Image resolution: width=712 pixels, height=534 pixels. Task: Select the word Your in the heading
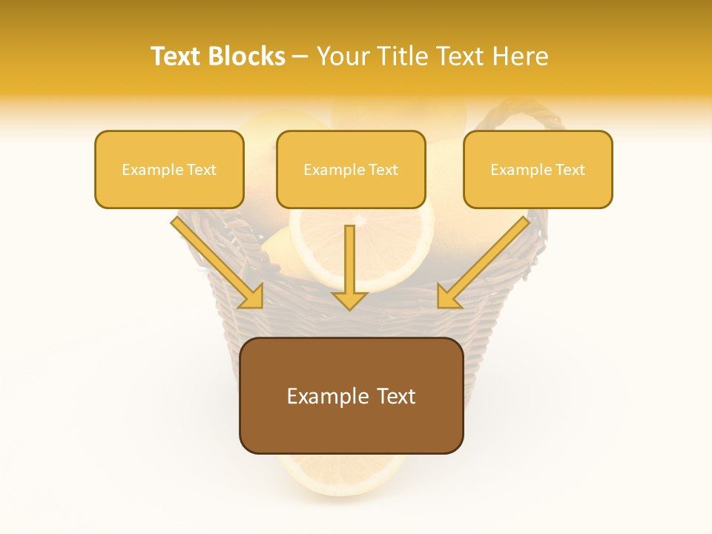[344, 56]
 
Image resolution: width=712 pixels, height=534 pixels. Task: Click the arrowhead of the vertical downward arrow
[349, 300]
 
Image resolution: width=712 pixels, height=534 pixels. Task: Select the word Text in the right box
[570, 169]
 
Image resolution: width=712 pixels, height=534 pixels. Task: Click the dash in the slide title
[300, 57]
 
